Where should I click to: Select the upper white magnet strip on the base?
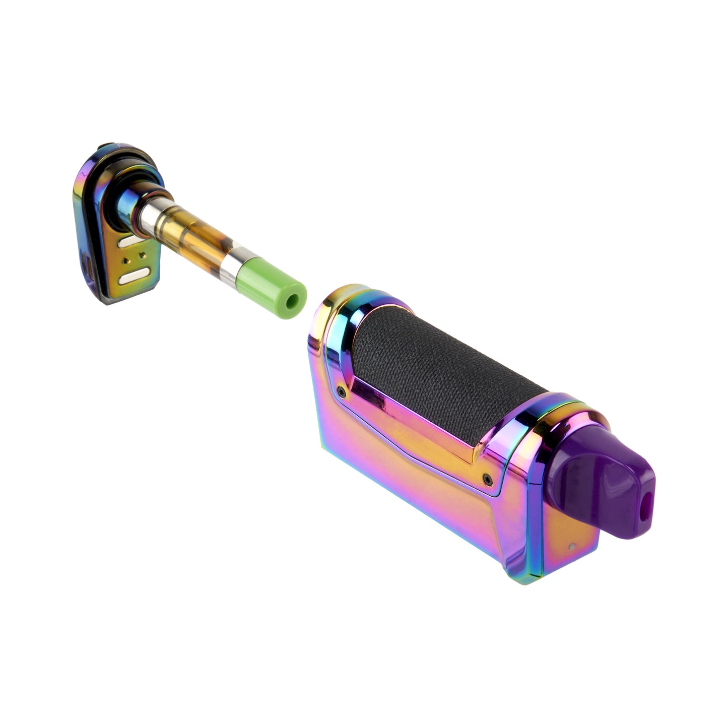[x=135, y=242]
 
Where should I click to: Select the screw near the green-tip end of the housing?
[x=342, y=390]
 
